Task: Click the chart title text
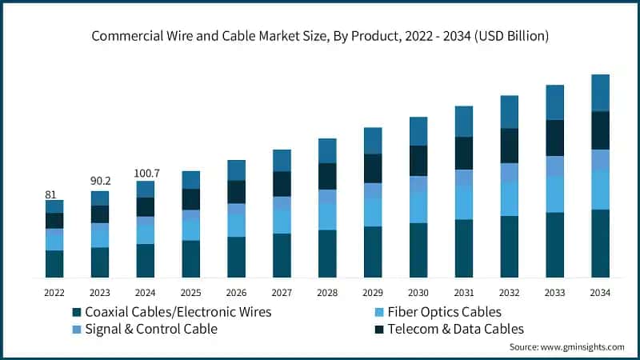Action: point(320,36)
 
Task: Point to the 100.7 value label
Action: point(145,172)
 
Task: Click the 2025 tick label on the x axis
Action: point(190,293)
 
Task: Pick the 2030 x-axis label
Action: point(418,293)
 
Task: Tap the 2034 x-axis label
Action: point(600,293)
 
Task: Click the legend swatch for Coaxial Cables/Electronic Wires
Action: point(77,312)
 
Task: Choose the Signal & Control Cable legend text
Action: point(151,329)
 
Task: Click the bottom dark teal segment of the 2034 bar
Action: point(600,243)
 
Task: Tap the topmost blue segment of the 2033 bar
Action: point(554,102)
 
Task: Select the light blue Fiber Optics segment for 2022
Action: point(54,239)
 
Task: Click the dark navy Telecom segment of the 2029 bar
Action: point(373,168)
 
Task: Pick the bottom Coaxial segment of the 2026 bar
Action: point(236,257)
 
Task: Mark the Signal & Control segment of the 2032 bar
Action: point(509,173)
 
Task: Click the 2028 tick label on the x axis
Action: point(327,293)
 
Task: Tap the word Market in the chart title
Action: point(247,36)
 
